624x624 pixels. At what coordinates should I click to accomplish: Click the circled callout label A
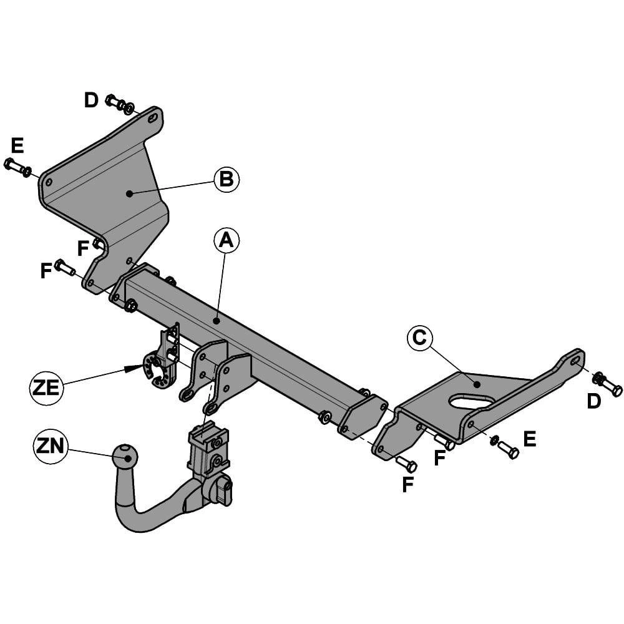pos(227,240)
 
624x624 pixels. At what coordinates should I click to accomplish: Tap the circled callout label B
pos(227,179)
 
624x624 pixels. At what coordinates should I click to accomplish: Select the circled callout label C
pos(420,338)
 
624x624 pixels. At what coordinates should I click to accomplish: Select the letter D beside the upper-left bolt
pos(92,100)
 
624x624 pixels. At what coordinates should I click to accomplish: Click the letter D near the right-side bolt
pos(593,402)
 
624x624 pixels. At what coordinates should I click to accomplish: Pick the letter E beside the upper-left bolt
pos(17,146)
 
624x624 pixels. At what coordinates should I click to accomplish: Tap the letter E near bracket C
pos(529,439)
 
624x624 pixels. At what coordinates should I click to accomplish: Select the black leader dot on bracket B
pos(129,193)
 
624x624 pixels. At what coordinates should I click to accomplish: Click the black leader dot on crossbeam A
pos(215,321)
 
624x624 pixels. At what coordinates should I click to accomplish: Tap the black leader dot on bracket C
pos(476,384)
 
